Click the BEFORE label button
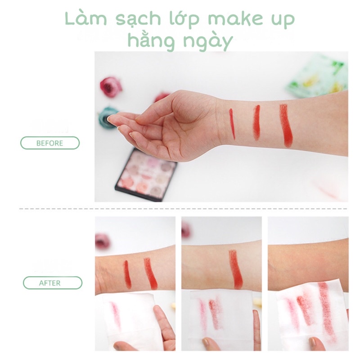(50, 143)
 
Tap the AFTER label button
(53, 283)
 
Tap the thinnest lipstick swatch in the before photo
(232, 124)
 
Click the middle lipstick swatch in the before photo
(256, 122)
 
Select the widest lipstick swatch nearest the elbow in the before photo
(285, 125)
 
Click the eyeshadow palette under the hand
(146, 174)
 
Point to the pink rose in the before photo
(111, 86)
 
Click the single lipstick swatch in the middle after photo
(235, 269)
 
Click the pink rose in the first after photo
(102, 241)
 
